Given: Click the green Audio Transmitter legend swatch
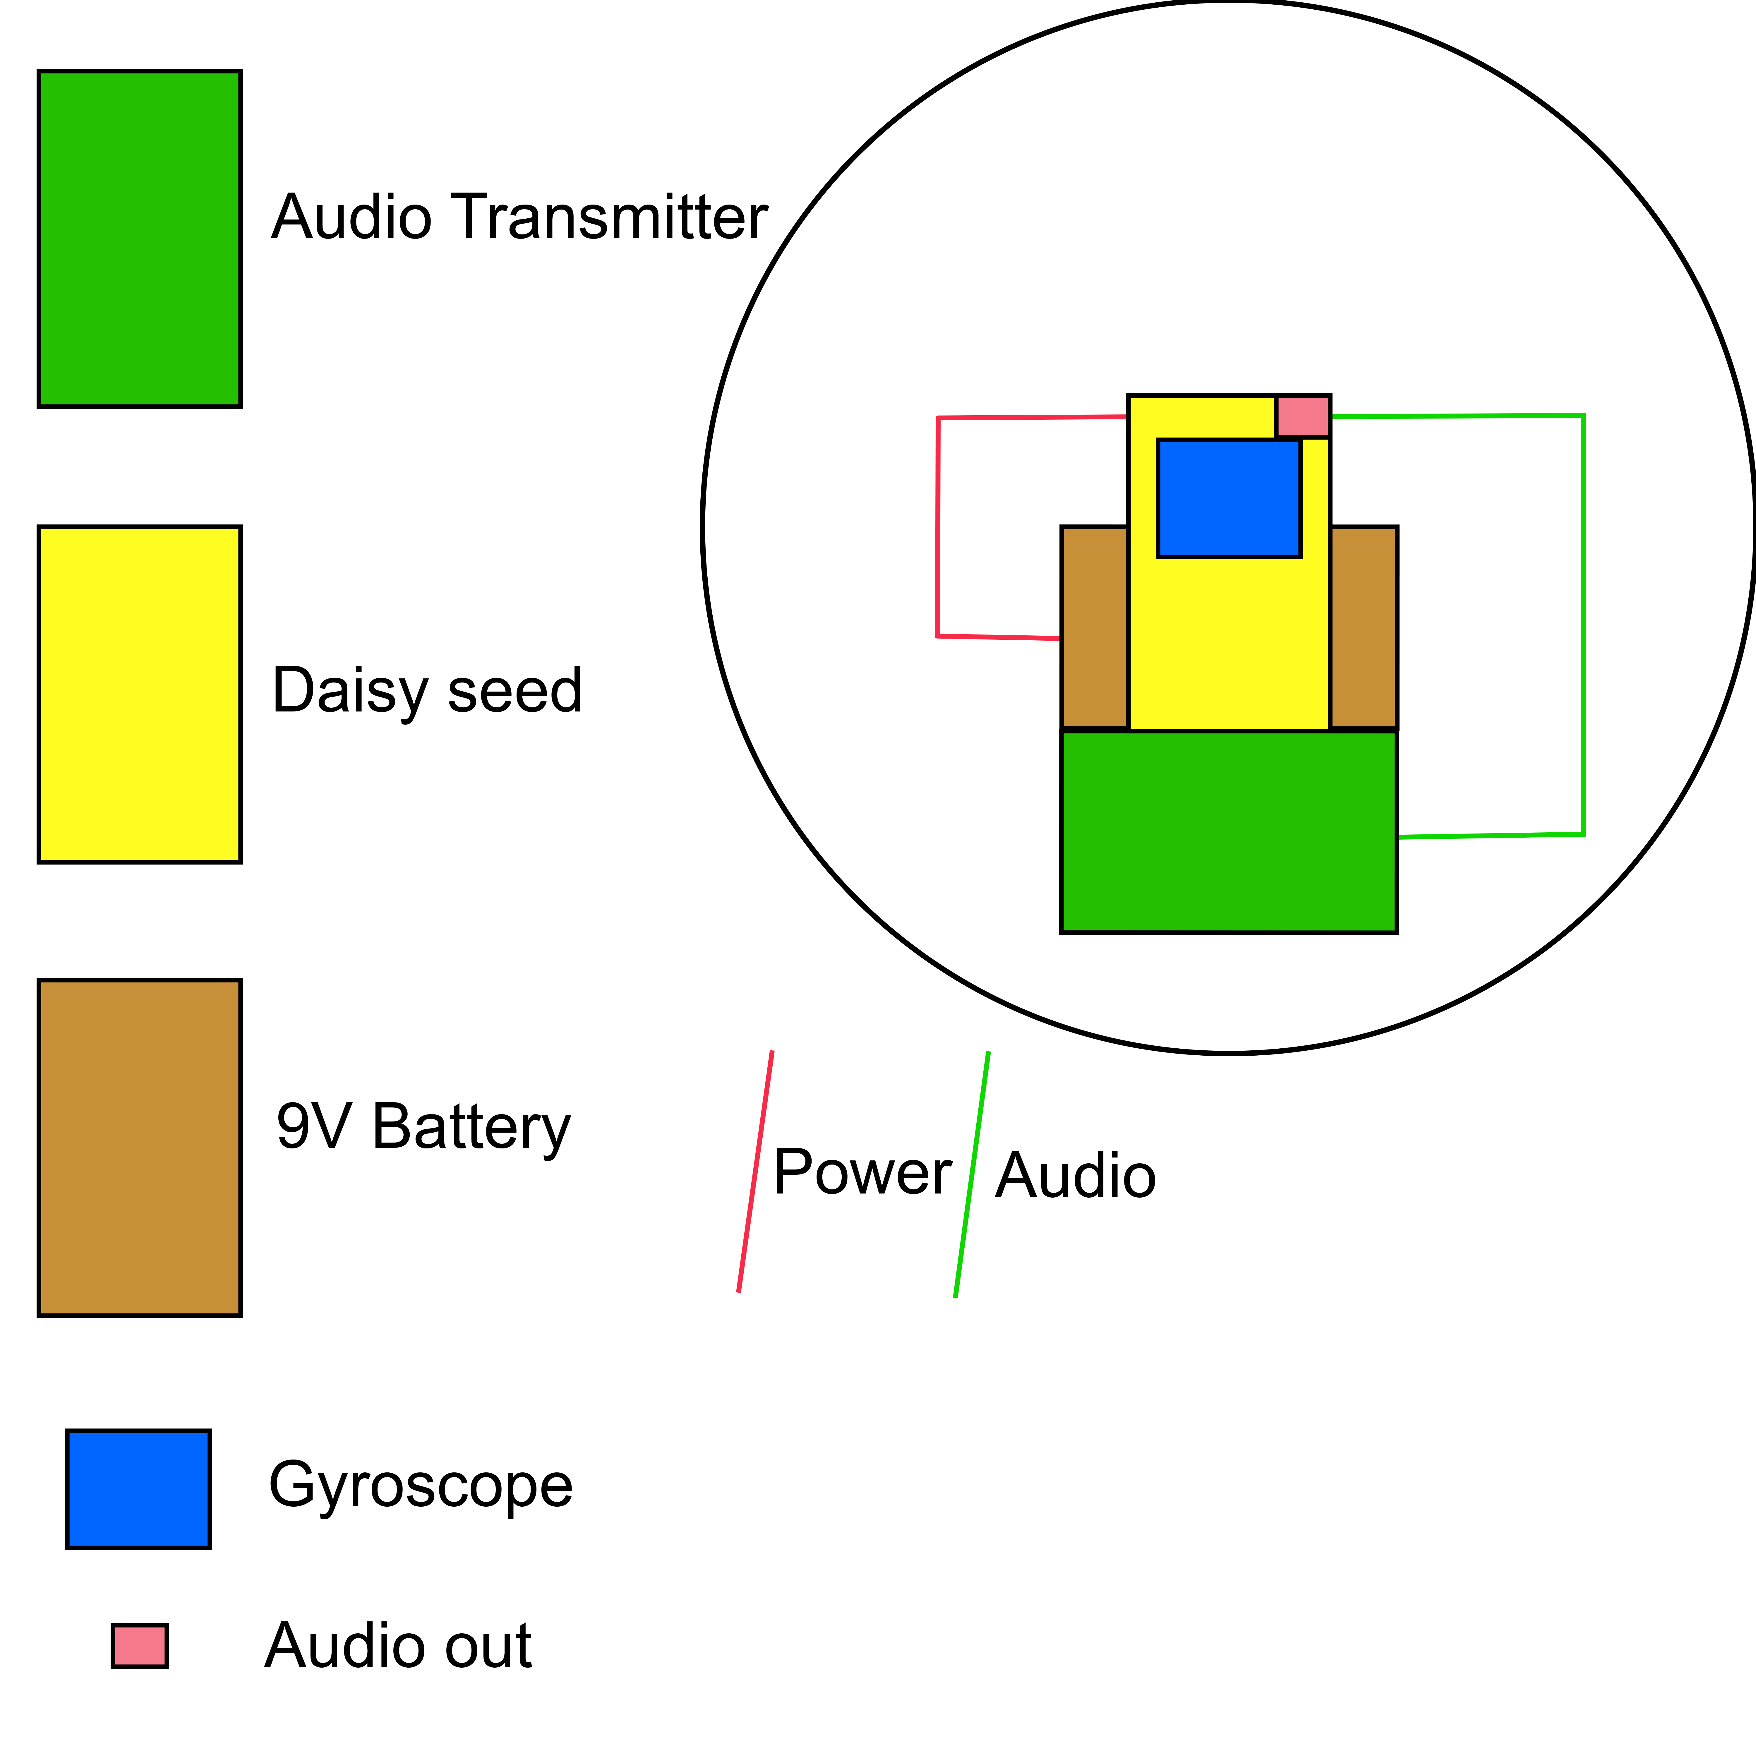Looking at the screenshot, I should click(x=139, y=238).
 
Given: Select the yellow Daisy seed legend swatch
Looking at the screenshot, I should click(x=139, y=694).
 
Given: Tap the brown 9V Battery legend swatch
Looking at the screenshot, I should click(x=139, y=1147).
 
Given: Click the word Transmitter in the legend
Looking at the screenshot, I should click(x=611, y=218).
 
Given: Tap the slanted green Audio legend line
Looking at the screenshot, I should click(x=972, y=1174).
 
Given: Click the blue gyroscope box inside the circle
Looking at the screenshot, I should click(x=1229, y=498).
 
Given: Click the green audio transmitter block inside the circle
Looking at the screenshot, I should click(x=1229, y=832).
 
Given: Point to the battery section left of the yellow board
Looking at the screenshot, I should click(x=1094, y=627).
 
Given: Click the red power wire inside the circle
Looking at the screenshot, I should click(x=937, y=527).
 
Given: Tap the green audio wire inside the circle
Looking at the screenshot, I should click(x=1583, y=627).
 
